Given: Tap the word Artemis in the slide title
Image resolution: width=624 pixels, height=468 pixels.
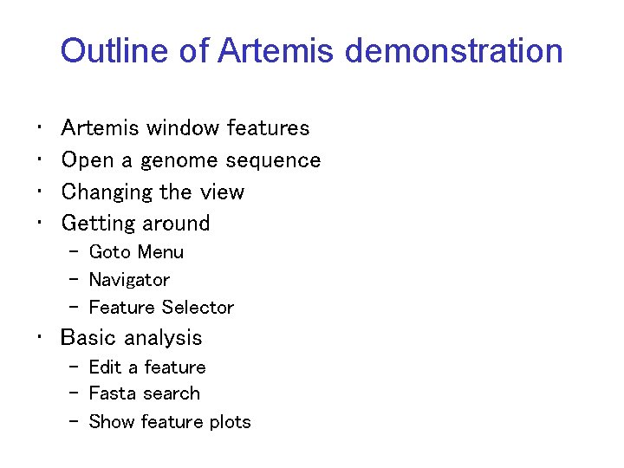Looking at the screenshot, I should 275,51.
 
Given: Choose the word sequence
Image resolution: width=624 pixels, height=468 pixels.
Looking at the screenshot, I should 273,161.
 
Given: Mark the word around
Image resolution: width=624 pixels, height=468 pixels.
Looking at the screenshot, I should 176,224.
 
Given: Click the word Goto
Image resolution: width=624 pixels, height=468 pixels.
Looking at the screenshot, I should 109,252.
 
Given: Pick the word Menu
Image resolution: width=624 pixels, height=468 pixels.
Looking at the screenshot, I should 160,252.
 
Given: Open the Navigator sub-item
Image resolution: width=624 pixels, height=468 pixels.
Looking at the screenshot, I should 129,280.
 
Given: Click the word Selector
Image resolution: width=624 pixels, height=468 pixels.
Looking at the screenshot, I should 200,308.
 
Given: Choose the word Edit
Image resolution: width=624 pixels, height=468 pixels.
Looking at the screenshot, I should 105,367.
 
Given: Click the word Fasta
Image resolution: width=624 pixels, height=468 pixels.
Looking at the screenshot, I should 111,393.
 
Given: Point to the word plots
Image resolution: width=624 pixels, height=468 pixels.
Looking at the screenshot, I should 228,423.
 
